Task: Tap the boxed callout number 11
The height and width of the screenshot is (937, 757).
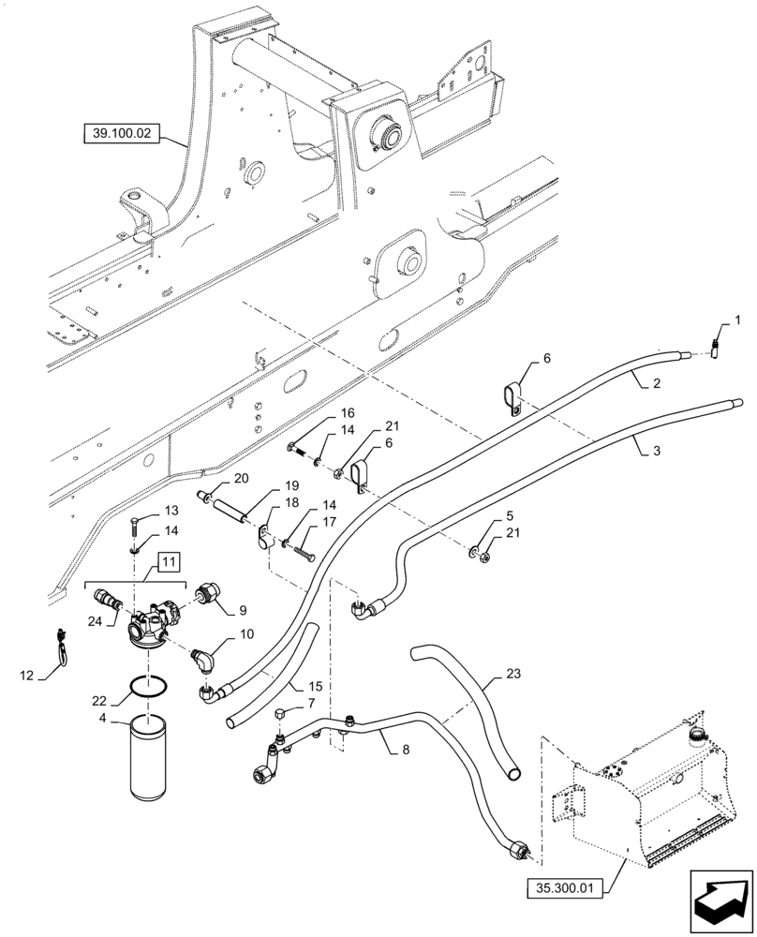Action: pyautogui.click(x=168, y=562)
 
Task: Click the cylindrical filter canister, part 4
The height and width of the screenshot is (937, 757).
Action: pyautogui.click(x=155, y=755)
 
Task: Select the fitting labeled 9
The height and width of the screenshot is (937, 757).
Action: pyautogui.click(x=207, y=596)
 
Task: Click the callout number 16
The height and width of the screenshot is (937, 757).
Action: pyautogui.click(x=321, y=414)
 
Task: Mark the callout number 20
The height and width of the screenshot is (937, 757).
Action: pyautogui.click(x=242, y=480)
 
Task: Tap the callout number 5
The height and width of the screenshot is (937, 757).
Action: pyautogui.click(x=511, y=515)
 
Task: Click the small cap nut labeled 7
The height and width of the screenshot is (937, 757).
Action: pyautogui.click(x=278, y=717)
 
